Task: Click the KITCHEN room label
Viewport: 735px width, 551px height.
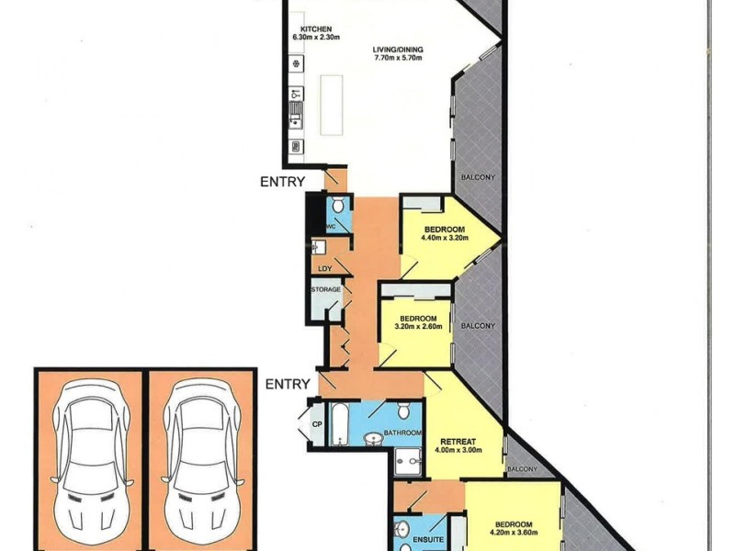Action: [309, 29]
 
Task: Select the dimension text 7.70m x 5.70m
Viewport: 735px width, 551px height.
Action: [397, 58]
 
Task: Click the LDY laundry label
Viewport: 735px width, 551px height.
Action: [324, 268]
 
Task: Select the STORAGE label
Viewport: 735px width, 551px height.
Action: [326, 289]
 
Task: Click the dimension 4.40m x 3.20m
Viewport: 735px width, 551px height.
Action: [445, 239]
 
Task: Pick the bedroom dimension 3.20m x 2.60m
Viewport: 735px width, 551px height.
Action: [418, 327]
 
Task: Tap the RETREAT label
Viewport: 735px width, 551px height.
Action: [456, 440]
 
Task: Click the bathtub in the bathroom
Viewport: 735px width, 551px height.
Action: [336, 425]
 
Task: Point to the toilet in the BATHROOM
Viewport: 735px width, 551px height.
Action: [404, 410]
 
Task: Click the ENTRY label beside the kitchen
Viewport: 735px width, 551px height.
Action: [282, 182]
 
